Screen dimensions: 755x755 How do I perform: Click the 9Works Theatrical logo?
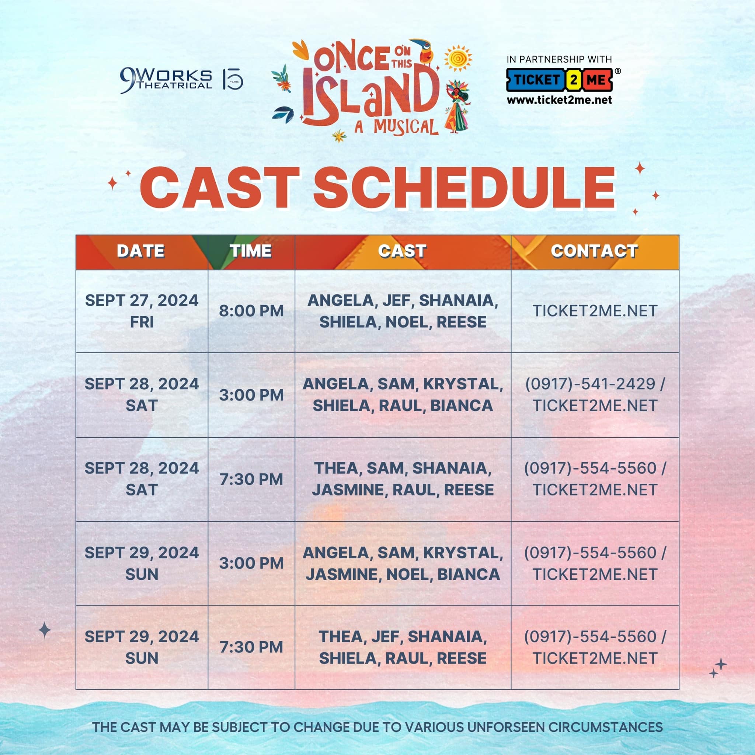pos(166,80)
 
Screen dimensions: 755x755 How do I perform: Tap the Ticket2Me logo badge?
pos(560,80)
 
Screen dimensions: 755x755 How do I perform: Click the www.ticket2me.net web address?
pos(559,100)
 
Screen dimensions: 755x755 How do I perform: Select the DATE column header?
pos(141,251)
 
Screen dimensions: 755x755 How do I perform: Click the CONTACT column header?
pos(594,251)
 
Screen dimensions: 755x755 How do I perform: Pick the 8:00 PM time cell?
pos(251,311)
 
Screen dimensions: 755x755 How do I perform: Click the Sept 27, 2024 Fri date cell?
pos(142,311)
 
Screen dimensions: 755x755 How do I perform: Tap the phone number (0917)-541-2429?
pos(594,384)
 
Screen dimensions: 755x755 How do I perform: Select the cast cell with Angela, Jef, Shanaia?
pos(403,311)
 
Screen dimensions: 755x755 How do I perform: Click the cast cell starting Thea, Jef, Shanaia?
pos(403,647)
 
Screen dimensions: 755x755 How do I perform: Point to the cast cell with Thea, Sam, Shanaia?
pos(403,479)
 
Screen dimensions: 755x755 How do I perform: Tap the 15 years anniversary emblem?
pos(233,80)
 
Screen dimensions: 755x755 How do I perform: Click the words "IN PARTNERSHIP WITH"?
pos(559,59)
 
